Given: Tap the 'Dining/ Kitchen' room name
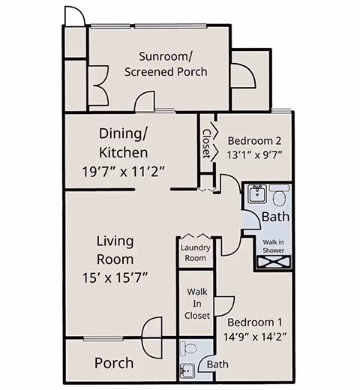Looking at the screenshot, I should pyautogui.click(x=124, y=142).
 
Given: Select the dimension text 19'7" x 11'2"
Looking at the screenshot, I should pyautogui.click(x=124, y=170).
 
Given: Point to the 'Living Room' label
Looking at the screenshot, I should pyautogui.click(x=115, y=250).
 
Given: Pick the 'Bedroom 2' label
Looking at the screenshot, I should pyautogui.click(x=254, y=140).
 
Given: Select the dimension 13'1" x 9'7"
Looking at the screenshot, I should pyautogui.click(x=254, y=156).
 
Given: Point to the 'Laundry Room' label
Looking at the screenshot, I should pyautogui.click(x=194, y=253).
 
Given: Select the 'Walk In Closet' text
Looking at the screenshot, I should pyautogui.click(x=196, y=302).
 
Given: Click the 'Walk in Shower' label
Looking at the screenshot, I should pyautogui.click(x=272, y=246).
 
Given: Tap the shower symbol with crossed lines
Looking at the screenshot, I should pyautogui.click(x=272, y=262).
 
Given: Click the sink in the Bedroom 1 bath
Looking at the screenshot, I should pyautogui.click(x=187, y=370).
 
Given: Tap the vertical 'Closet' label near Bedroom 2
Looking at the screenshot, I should pyautogui.click(x=206, y=144).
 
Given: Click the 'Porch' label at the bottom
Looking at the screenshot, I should pyautogui.click(x=114, y=363).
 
